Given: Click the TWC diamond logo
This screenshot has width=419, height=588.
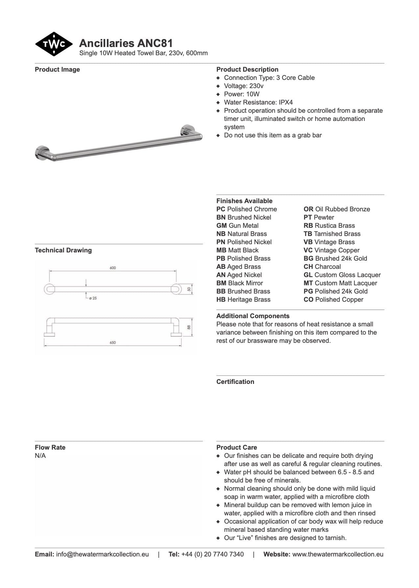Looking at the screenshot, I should click(x=54, y=44).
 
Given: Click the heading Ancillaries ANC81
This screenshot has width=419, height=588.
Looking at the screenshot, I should click(x=126, y=43).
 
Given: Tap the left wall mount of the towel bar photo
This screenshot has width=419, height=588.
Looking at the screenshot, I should click(x=42, y=153).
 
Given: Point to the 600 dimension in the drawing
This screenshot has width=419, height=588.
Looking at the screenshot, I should click(x=113, y=268).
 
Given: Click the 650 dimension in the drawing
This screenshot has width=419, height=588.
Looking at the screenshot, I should click(x=113, y=342).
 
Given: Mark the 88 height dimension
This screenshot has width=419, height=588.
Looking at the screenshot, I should click(x=189, y=327).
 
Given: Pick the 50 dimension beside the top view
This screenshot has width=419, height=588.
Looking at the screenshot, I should click(x=189, y=289).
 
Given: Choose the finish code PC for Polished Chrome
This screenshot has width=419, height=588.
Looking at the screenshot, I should click(x=221, y=209).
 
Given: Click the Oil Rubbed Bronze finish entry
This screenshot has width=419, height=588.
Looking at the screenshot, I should click(x=337, y=209).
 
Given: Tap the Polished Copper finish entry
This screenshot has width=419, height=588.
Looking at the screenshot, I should click(x=333, y=299).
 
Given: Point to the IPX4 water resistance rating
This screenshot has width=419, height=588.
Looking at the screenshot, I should click(x=286, y=102).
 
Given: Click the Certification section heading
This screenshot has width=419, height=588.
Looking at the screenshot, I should click(x=235, y=382).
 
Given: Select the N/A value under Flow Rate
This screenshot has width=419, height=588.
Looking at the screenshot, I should click(x=40, y=456).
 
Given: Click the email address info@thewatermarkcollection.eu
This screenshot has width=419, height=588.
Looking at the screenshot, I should click(x=102, y=554).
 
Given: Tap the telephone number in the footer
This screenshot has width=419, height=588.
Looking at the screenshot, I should click(x=212, y=554).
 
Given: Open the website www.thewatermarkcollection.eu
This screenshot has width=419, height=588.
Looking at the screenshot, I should click(x=338, y=554).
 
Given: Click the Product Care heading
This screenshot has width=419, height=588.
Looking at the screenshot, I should click(x=237, y=447).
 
